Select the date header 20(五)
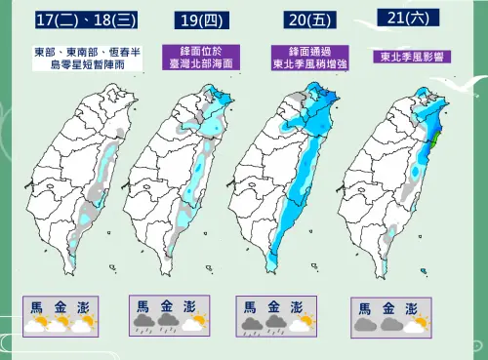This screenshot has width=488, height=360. pyautogui.click(x=305, y=20)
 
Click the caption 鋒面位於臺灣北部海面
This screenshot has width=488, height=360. pyautogui.click(x=200, y=56)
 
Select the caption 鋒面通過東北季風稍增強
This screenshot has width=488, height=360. pyautogui.click(x=305, y=57)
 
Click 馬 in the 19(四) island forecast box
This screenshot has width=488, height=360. pyautogui.click(x=143, y=306)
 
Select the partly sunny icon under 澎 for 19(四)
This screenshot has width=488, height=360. pyautogui.click(x=194, y=324)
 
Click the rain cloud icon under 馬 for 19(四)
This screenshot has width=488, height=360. pyautogui.click(x=143, y=325)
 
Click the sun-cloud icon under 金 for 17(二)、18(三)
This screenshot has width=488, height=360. pyautogui.click(x=61, y=324)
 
